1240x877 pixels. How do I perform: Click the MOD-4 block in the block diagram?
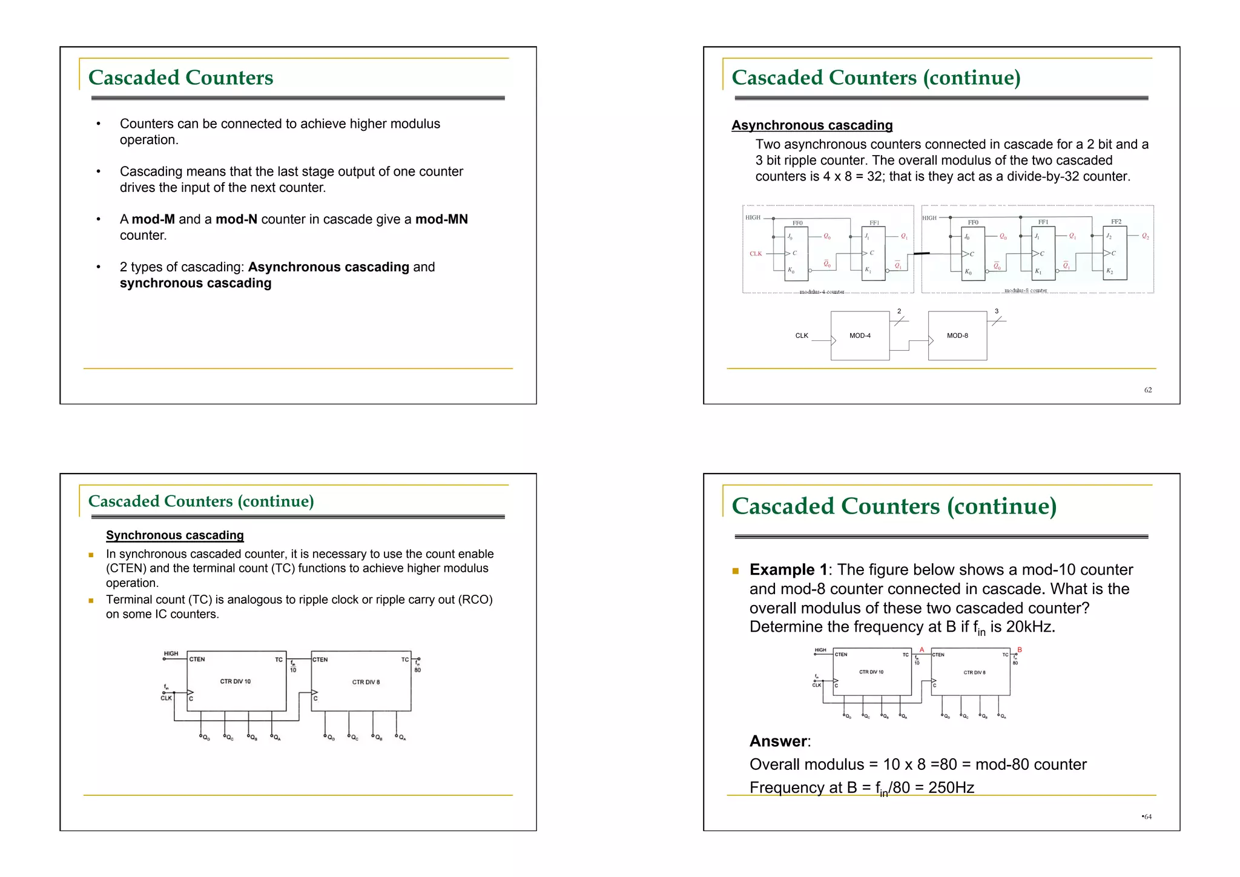(x=860, y=336)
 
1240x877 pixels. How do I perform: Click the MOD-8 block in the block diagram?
(x=957, y=336)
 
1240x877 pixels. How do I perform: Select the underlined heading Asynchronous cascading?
(x=812, y=125)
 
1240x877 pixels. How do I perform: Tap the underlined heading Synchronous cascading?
(x=175, y=535)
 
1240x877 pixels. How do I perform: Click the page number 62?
(x=1148, y=390)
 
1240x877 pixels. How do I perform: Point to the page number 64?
(x=1147, y=817)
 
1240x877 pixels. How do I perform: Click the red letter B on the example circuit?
(x=1020, y=650)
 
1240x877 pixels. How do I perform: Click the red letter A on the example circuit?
(x=922, y=650)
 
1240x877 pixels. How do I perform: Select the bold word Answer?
(x=779, y=741)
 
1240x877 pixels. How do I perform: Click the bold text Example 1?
(x=788, y=570)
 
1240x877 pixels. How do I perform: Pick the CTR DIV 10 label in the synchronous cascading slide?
(x=236, y=681)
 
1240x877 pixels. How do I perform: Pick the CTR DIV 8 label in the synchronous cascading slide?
(x=366, y=682)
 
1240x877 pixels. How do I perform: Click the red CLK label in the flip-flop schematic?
(x=756, y=254)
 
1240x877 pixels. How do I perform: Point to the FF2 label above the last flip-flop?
(x=1116, y=222)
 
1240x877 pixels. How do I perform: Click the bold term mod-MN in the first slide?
(x=441, y=219)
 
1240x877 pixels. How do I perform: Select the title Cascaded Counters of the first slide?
(x=180, y=78)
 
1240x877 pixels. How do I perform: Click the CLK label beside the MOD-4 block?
(x=802, y=336)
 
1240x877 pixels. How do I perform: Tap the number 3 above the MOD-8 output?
(x=997, y=311)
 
